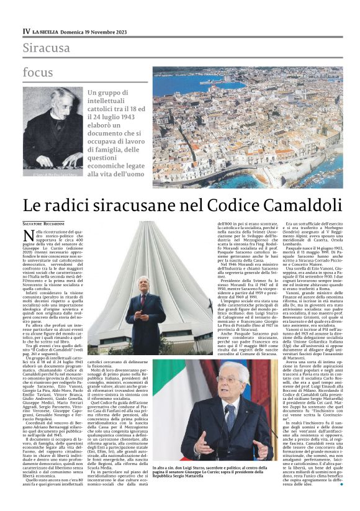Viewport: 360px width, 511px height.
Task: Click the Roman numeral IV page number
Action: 26,31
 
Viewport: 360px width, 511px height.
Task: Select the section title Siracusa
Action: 47,48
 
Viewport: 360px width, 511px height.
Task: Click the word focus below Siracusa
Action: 38,72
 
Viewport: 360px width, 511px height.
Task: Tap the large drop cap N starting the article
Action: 28,235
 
